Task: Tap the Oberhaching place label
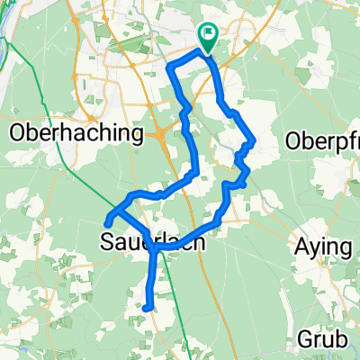coord(77,135)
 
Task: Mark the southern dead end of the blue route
coord(145,308)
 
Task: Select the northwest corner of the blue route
coord(170,73)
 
